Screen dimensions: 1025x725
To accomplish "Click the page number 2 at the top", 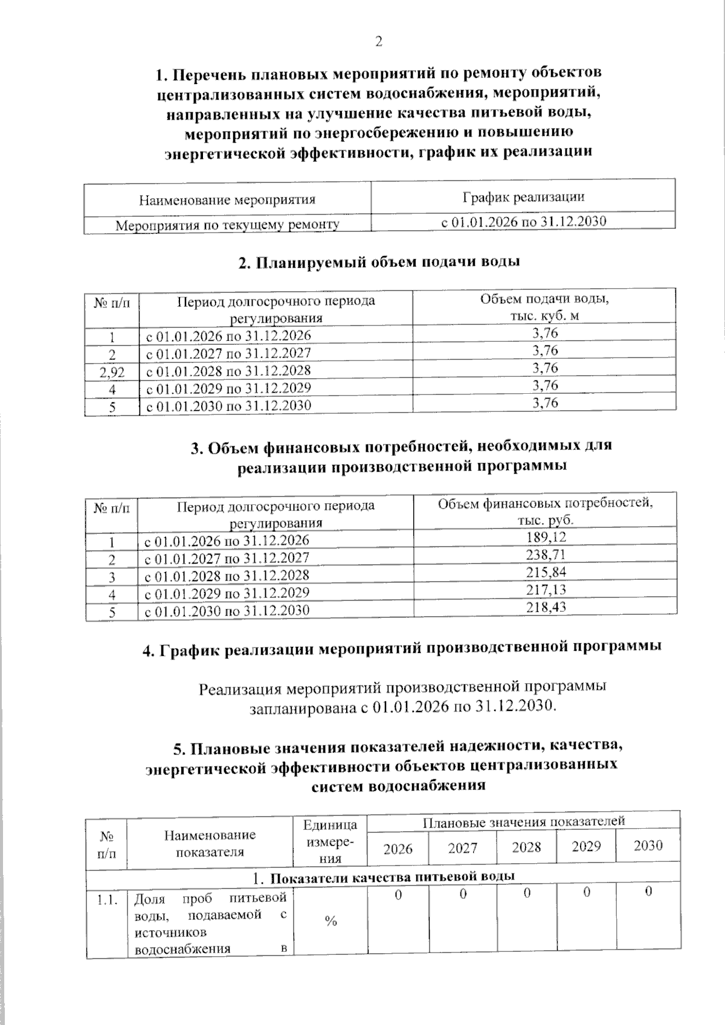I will pyautogui.click(x=379, y=42).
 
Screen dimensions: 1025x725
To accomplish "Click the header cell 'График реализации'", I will pyautogui.click(x=523, y=197).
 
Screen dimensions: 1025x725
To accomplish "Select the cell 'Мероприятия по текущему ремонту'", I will pyautogui.click(x=227, y=225).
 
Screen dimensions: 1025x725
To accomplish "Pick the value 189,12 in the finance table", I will pyautogui.click(x=546, y=537).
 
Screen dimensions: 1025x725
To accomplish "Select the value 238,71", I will pyautogui.click(x=546, y=554).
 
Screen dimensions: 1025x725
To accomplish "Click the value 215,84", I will pyautogui.click(x=546, y=571).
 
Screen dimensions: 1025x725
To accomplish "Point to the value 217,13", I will pyautogui.click(x=546, y=589).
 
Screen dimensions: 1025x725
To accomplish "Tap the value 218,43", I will pyautogui.click(x=546, y=606).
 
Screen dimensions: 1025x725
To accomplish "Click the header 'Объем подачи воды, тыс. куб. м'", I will pyautogui.click(x=544, y=307).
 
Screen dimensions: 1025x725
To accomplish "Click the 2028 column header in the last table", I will pyautogui.click(x=526, y=847).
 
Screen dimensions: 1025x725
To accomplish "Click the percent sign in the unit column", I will pyautogui.click(x=330, y=921).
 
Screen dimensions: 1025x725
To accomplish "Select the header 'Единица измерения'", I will pyautogui.click(x=330, y=841).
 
